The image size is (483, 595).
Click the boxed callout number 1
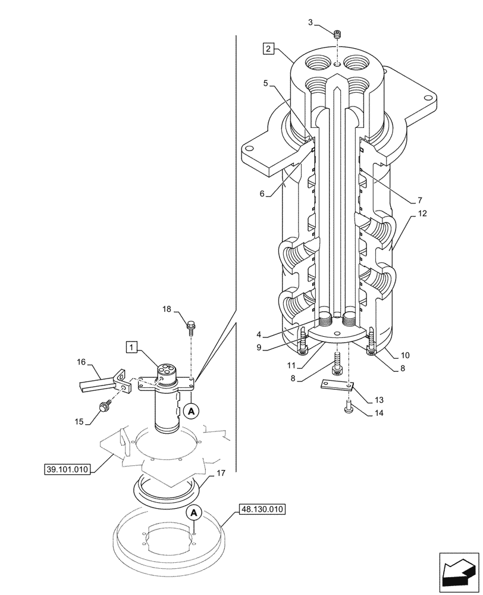(x=131, y=346)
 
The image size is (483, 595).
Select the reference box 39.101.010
(x=67, y=469)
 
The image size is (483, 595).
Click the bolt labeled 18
(x=192, y=325)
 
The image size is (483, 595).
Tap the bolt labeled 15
(x=105, y=407)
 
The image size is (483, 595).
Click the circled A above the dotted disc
(x=194, y=512)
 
